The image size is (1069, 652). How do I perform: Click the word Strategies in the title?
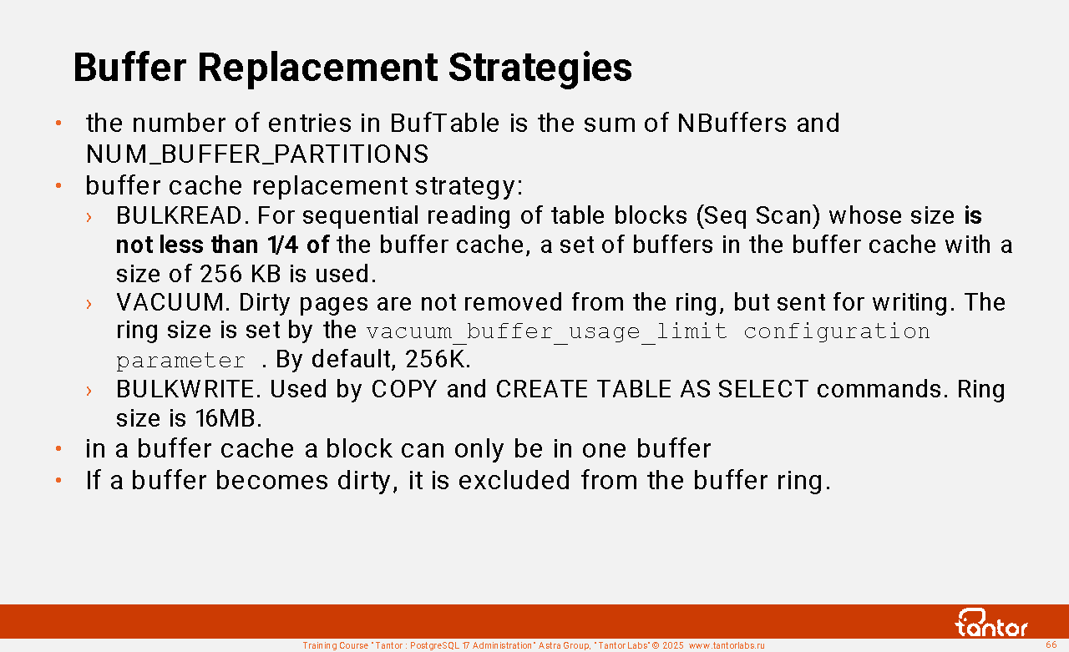pos(540,68)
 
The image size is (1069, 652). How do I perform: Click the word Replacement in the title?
pos(317,68)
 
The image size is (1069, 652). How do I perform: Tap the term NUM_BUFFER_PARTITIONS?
pos(257,154)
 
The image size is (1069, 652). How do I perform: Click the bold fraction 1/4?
pos(283,245)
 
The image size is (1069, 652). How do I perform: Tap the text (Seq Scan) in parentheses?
pos(758,215)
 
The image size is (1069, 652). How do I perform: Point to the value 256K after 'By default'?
pos(438,359)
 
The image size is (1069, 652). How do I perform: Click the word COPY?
pos(404,389)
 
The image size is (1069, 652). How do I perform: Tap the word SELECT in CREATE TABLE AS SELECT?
pos(763,389)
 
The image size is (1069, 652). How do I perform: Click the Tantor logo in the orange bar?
pos(991,623)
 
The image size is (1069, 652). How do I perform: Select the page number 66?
pos(1051,644)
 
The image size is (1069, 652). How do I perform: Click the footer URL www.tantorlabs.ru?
pos(727,645)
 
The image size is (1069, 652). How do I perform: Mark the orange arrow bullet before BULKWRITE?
pos(89,391)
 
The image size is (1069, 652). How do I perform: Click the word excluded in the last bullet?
pos(514,480)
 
